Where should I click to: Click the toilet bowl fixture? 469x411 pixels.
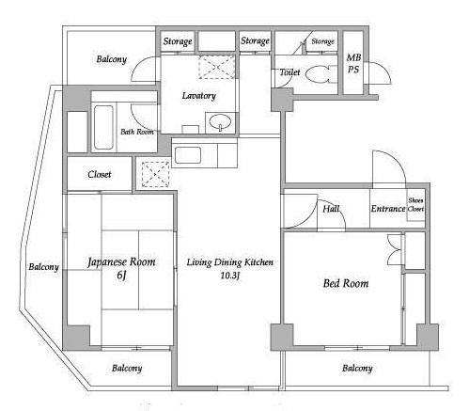tap(320, 74)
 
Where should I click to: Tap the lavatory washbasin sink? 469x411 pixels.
tap(220, 121)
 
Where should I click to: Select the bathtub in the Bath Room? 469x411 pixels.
tap(103, 127)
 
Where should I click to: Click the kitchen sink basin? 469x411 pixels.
tap(188, 155)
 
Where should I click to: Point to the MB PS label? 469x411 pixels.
tap(353, 63)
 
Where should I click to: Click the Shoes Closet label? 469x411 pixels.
tap(415, 204)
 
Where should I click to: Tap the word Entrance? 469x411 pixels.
tap(388, 209)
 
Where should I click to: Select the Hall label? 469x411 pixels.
tap(331, 209)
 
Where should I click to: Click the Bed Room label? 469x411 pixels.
tap(346, 283)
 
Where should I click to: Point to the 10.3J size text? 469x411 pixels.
tap(230, 276)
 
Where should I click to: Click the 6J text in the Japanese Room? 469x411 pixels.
tap(121, 276)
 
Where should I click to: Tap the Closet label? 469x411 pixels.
tap(100, 174)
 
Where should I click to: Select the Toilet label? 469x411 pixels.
tap(289, 72)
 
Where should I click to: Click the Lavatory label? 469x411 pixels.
tap(199, 96)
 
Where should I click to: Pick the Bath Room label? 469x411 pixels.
tap(137, 132)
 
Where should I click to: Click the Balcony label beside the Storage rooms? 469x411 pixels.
tap(112, 59)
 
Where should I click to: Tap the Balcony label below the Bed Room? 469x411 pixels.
tap(357, 368)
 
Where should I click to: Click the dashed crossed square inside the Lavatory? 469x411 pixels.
tap(217, 67)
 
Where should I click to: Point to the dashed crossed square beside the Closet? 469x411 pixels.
tap(155, 174)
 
